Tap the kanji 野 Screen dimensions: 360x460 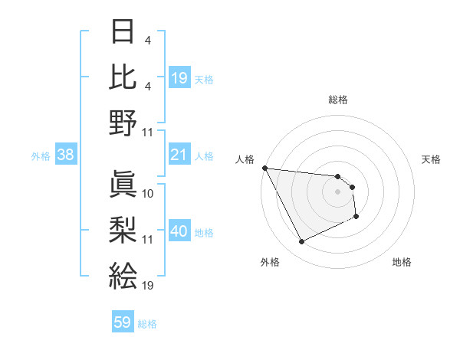tap(123, 123)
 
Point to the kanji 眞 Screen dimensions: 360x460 tap(123, 184)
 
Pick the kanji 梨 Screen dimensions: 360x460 tap(123, 229)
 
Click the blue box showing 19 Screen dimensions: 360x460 tap(179, 78)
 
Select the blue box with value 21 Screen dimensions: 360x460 tap(179, 155)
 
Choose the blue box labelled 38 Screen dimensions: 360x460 tap(65, 155)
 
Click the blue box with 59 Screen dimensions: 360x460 tap(123, 322)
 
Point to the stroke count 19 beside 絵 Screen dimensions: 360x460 tap(148, 286)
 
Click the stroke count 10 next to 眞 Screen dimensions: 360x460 tap(148, 194)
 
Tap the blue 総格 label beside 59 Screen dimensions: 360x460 tap(147, 324)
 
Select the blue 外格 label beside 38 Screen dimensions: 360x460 tap(41, 156)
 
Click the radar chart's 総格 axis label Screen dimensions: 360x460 tap(337, 100)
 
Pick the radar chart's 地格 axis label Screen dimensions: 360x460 tap(402, 262)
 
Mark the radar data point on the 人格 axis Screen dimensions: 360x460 tap(264, 168)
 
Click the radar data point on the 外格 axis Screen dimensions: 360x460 tap(301, 242)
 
